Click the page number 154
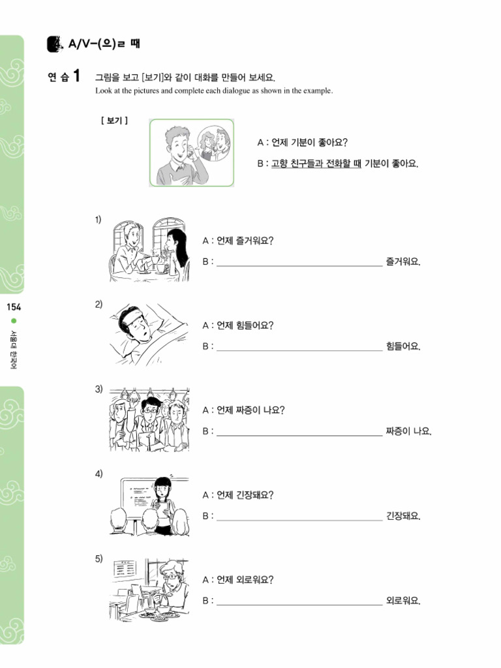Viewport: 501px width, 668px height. click(12, 307)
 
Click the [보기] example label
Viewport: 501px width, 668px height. click(114, 120)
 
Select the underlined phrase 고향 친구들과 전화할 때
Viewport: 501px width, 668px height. click(316, 163)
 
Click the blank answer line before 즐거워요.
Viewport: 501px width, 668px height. click(299, 263)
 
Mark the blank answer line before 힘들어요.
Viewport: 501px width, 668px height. click(299, 347)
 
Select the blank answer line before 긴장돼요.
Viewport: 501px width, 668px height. click(299, 517)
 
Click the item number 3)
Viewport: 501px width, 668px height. click(99, 389)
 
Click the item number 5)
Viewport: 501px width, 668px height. click(99, 558)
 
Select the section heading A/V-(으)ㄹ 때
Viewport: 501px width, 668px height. click(103, 44)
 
